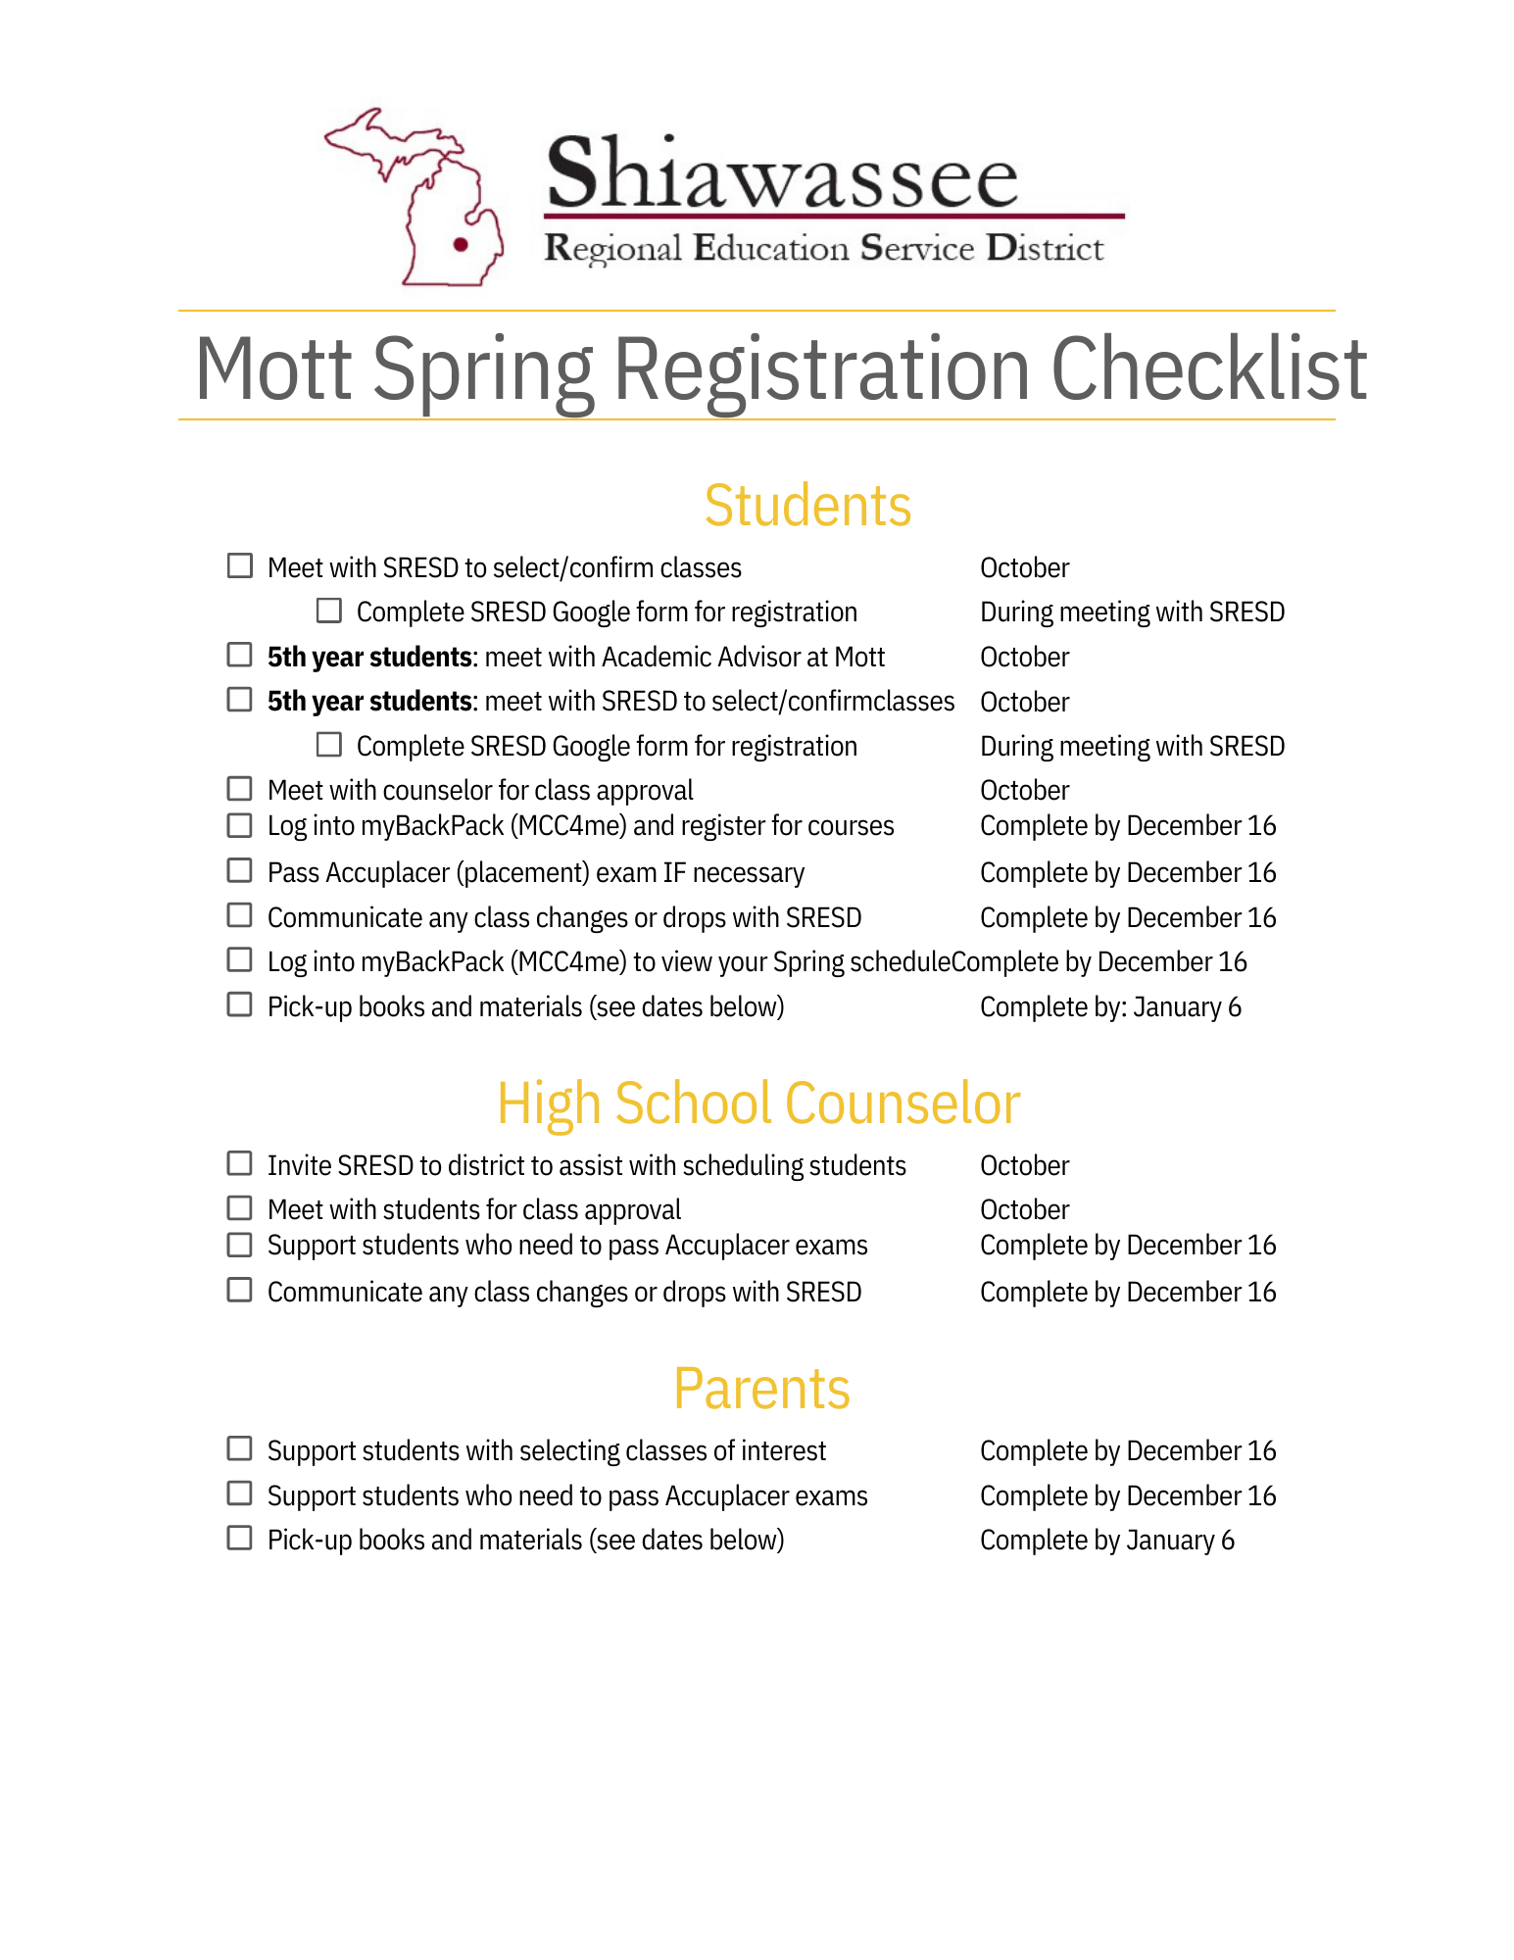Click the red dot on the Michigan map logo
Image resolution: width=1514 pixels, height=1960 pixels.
pos(461,245)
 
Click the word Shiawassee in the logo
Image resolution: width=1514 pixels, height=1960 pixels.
pos(782,174)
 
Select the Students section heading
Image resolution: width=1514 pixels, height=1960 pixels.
pos(807,506)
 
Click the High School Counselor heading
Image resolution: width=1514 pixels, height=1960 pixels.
pos(758,1103)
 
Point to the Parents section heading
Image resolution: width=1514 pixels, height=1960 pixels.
pos(761,1389)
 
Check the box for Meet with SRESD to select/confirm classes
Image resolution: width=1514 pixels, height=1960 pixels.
pos(240,566)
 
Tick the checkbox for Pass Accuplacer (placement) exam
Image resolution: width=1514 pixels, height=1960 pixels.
pos(240,870)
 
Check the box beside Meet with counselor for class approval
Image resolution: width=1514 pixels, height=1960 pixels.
pos(240,789)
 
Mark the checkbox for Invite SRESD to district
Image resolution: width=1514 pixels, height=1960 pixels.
pos(240,1163)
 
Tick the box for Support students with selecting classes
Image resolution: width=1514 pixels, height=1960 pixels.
pos(240,1448)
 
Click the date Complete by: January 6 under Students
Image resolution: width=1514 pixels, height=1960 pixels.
pos(1110,1007)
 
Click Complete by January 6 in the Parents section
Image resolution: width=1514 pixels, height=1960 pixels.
pos(1106,1541)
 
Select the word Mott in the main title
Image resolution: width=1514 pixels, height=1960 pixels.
pos(273,369)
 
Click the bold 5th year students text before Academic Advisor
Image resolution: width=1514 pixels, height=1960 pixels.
pos(369,657)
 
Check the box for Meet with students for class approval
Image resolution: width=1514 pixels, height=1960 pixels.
pos(240,1207)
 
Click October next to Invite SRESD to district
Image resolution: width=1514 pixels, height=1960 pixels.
pos(1024,1165)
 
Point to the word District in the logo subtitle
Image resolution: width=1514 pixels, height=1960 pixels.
pos(1045,248)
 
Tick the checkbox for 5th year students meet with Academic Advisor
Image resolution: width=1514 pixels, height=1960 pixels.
pos(240,655)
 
